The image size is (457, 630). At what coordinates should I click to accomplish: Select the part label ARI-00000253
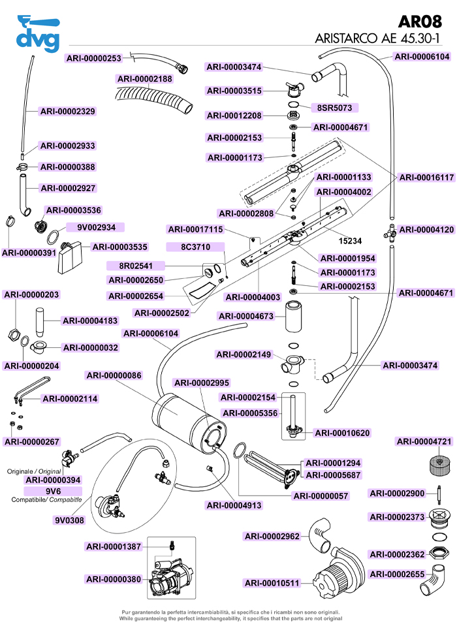(x=94, y=58)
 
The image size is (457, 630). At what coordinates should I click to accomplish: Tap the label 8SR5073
(x=336, y=106)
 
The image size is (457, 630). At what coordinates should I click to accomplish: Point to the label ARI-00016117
(x=426, y=177)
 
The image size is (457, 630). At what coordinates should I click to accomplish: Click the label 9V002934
(x=96, y=228)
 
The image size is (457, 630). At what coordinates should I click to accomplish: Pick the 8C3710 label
(x=195, y=247)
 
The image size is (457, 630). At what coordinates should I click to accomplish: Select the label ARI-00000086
(x=114, y=375)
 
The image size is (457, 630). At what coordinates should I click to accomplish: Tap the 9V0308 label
(x=69, y=520)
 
